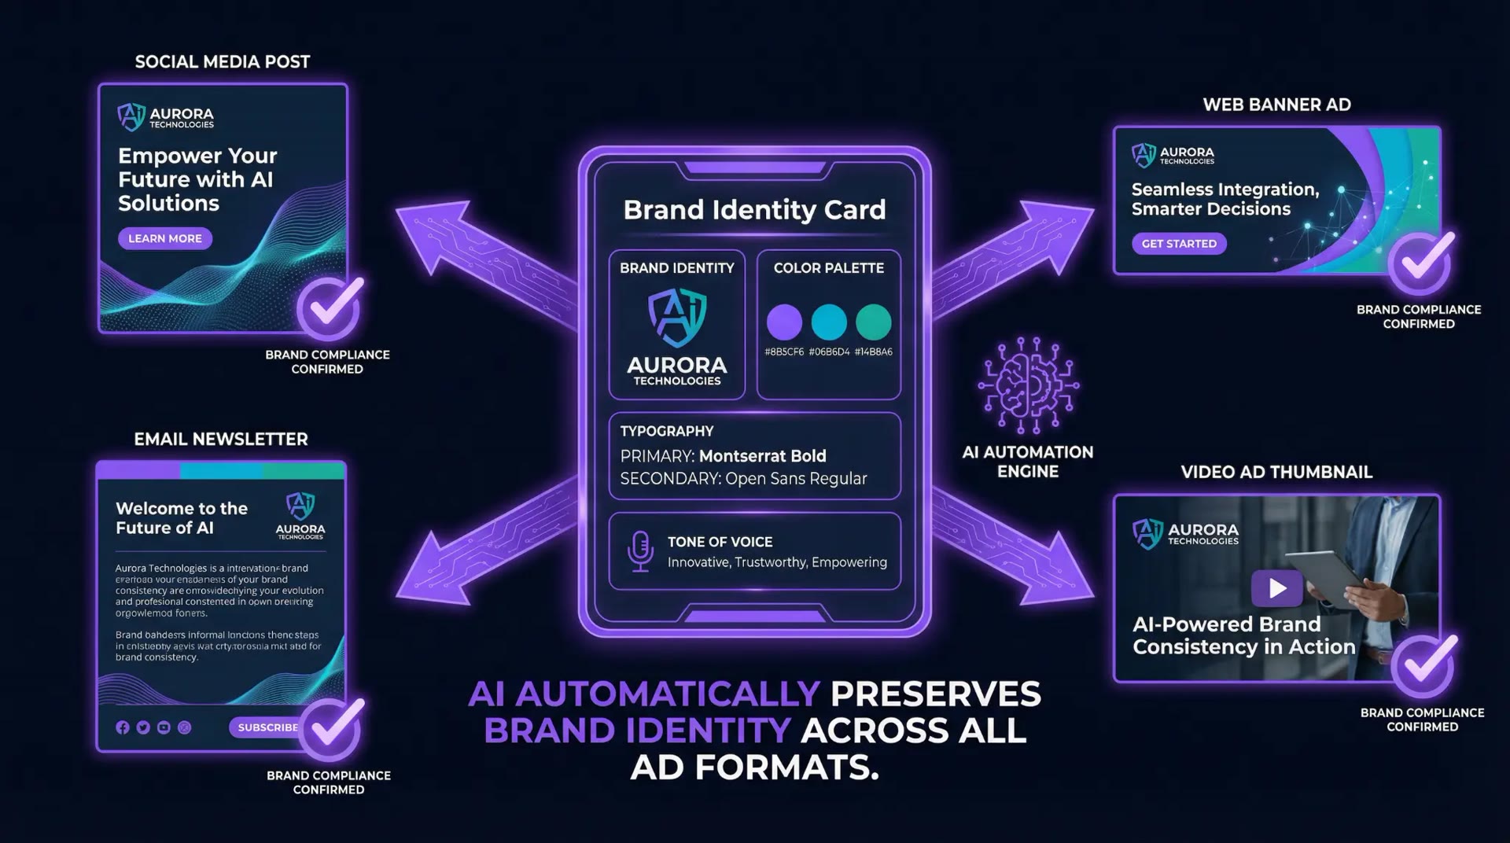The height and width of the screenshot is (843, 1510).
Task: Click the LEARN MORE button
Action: [164, 238]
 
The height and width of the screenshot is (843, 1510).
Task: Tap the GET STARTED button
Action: [1178, 244]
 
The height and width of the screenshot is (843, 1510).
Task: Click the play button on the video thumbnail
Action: [1276, 587]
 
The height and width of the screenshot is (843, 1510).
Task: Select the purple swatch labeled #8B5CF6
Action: [784, 322]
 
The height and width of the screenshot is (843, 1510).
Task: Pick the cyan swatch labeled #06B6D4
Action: [829, 322]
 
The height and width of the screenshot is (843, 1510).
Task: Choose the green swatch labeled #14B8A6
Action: [873, 322]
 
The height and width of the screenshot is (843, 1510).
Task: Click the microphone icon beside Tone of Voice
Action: [640, 550]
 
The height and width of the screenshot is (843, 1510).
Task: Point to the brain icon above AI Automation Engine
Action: [1028, 385]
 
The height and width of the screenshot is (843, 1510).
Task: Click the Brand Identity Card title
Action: [754, 209]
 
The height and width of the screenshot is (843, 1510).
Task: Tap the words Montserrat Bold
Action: [762, 456]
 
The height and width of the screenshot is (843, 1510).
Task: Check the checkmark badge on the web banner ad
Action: [1420, 262]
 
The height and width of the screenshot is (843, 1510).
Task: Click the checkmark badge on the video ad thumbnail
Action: [1423, 665]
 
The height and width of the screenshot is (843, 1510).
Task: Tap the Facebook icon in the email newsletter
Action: [123, 727]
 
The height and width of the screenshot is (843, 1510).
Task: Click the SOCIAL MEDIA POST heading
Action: [223, 62]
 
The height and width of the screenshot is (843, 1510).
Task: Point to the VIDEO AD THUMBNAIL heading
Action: [1276, 472]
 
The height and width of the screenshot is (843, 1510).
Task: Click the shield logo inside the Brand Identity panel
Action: [676, 318]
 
